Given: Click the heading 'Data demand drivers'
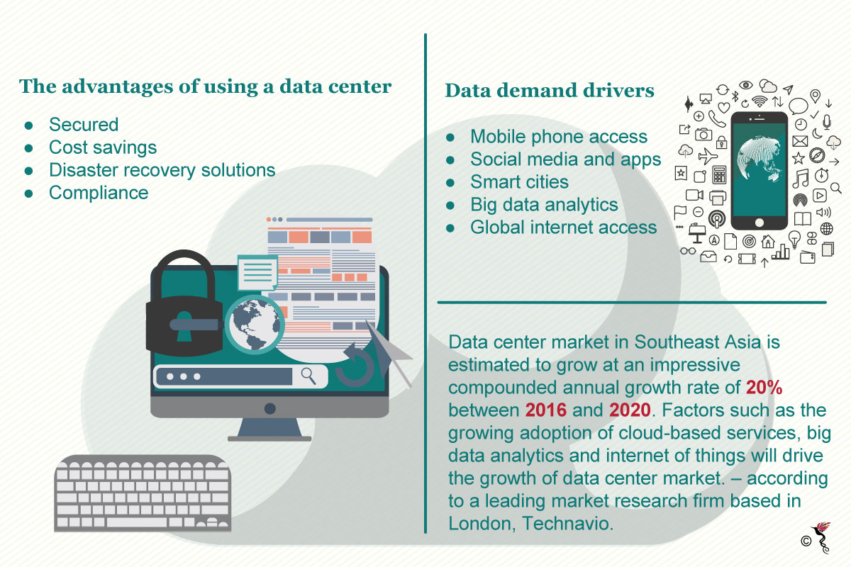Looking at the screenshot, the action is point(550,91).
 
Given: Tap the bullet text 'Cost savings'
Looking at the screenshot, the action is point(103,147).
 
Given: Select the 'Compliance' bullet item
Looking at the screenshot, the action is point(99,193).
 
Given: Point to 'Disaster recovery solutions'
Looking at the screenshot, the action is point(162,170).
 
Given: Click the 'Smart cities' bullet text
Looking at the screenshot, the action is point(519,181).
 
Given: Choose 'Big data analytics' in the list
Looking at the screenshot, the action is point(544,205).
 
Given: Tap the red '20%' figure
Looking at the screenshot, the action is point(764,388).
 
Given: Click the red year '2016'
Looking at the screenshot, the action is point(545,410).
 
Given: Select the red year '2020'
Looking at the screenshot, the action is point(630,410).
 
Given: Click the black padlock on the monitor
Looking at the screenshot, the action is point(184,304).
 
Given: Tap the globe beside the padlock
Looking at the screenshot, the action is point(255,325).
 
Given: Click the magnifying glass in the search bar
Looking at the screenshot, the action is point(308,376).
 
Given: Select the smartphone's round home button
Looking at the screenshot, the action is point(760,223).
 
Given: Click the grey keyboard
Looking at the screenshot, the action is point(143,493).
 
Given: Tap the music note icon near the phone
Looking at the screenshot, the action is point(801,179).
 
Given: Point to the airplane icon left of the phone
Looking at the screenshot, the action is point(708,156).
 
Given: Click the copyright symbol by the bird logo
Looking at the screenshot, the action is point(806,541).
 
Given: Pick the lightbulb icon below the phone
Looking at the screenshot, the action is point(794,240).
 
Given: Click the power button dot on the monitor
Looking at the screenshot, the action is point(269,409).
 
